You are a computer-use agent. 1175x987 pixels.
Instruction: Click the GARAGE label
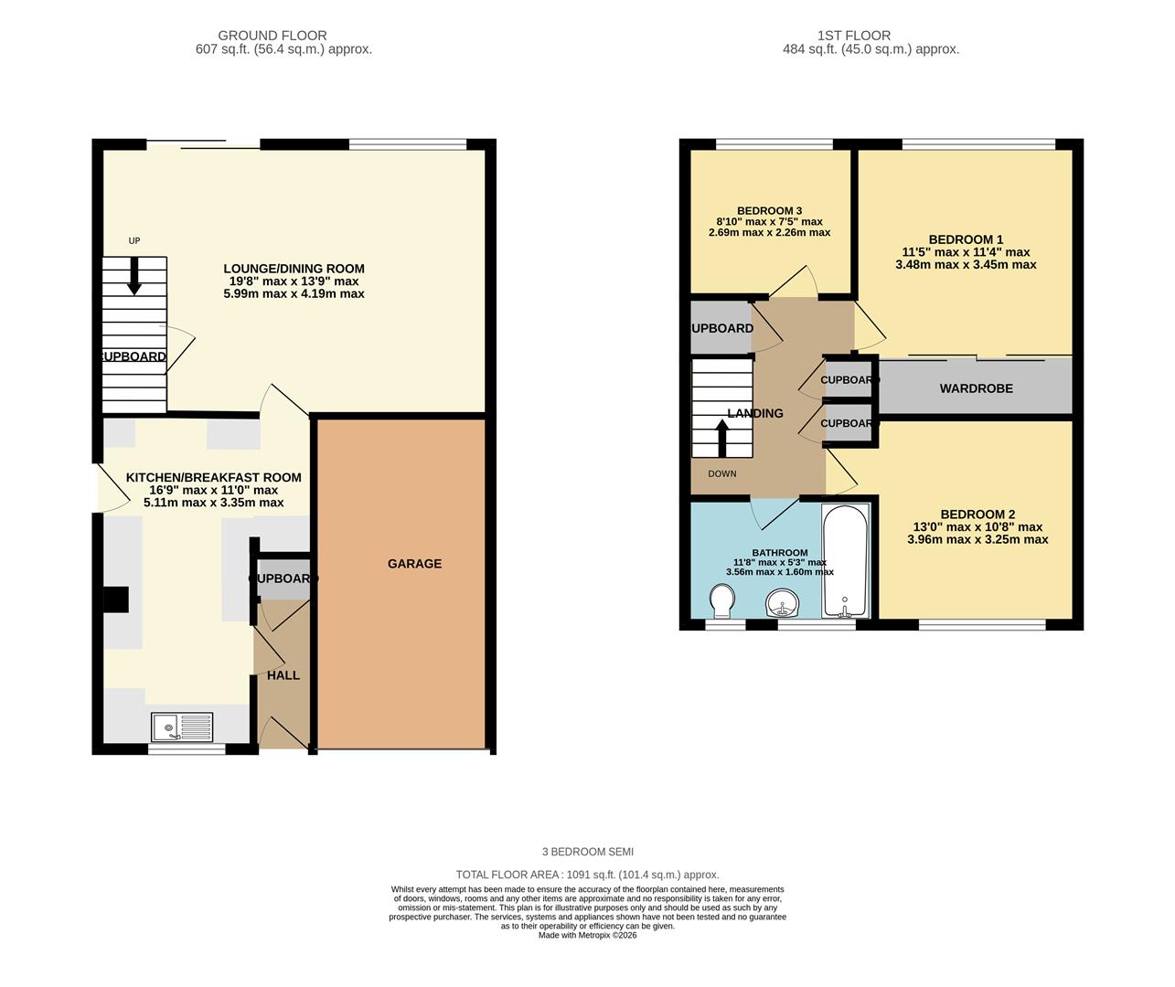click(x=414, y=564)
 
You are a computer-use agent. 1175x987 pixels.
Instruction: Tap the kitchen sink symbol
click(x=182, y=727)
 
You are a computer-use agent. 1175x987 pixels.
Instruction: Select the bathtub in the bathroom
click(x=846, y=561)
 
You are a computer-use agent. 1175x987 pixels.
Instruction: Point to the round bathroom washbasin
click(x=782, y=603)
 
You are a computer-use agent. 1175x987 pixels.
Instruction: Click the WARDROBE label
click(x=976, y=388)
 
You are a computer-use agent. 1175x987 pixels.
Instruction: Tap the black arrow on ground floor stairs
click(x=134, y=277)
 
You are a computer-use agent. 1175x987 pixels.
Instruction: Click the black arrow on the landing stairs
click(x=721, y=438)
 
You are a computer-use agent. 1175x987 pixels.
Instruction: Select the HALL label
click(x=283, y=675)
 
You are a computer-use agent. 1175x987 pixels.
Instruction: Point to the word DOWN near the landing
click(x=721, y=473)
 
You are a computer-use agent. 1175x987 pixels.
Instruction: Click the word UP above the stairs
click(x=134, y=241)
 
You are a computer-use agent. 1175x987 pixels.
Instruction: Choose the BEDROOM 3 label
click(x=769, y=211)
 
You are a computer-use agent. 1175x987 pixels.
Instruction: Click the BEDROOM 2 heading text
click(x=977, y=515)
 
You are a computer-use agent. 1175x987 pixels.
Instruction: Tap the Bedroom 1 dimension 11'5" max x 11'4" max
click(x=966, y=252)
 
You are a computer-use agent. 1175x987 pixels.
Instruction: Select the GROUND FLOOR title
click(x=272, y=36)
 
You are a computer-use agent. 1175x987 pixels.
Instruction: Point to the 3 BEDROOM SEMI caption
click(x=587, y=852)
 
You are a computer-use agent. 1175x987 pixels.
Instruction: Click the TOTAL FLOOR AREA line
click(x=587, y=875)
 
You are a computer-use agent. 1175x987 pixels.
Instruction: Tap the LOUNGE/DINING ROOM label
click(x=294, y=269)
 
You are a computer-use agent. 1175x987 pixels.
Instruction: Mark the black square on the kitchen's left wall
click(x=115, y=600)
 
